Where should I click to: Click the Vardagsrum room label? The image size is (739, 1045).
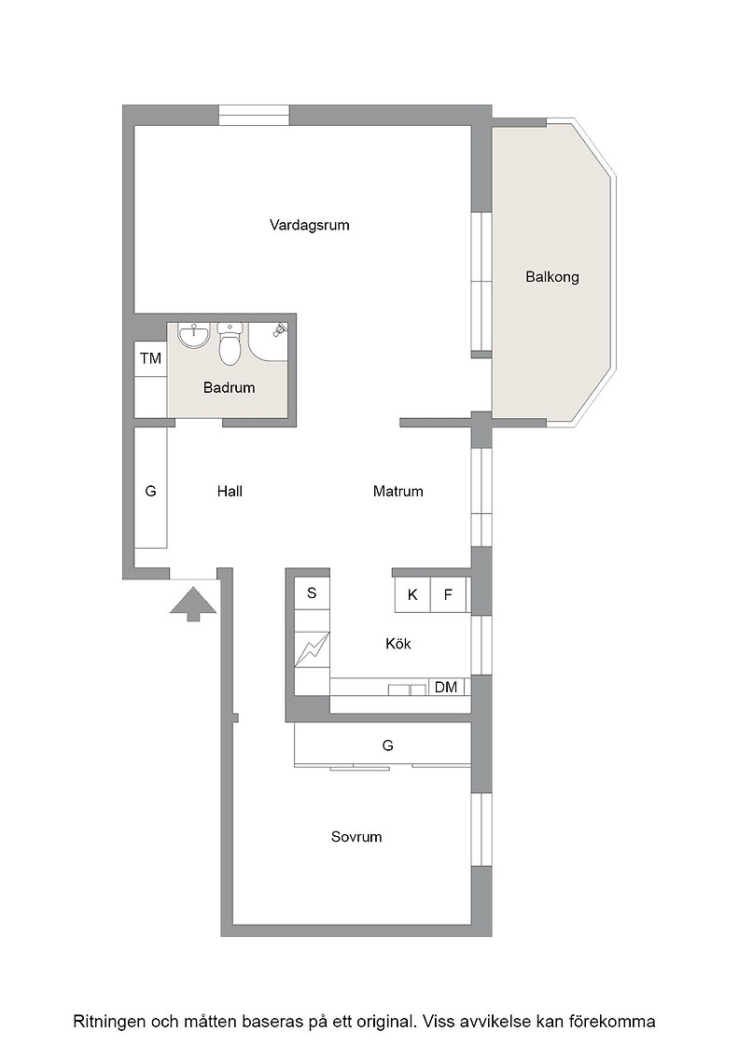(x=309, y=225)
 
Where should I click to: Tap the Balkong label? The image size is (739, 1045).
(x=552, y=276)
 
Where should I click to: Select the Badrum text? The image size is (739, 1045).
(x=230, y=387)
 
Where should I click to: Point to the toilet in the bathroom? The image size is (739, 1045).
(x=230, y=344)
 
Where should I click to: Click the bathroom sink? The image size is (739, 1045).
(x=194, y=335)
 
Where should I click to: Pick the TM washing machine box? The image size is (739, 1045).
(x=150, y=358)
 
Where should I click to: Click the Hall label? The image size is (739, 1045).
(x=230, y=492)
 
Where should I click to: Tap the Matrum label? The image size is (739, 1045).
(x=397, y=492)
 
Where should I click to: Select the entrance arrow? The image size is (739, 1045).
(x=193, y=603)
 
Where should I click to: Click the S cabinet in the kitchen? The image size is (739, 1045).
(x=312, y=593)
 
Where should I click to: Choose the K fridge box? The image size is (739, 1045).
(x=412, y=594)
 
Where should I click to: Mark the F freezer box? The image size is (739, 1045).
(x=448, y=594)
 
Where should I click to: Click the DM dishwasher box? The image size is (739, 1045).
(x=446, y=687)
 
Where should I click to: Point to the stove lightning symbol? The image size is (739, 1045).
(x=312, y=648)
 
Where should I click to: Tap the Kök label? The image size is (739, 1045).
(x=397, y=644)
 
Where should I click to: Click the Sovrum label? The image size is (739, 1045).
(x=356, y=837)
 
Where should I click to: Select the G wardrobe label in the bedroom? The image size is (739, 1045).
(x=388, y=745)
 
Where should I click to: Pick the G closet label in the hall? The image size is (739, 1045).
(x=150, y=492)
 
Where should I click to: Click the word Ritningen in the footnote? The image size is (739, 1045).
(x=108, y=1022)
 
